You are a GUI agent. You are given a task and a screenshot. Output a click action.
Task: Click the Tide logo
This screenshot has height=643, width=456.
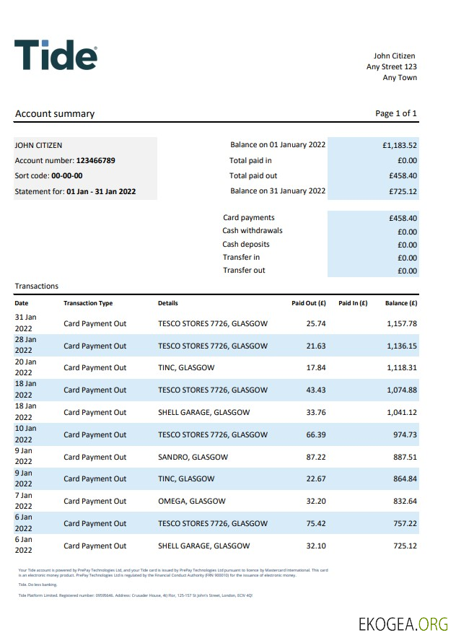click(x=56, y=56)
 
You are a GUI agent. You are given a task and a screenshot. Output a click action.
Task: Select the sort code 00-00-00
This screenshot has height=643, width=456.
click(x=67, y=175)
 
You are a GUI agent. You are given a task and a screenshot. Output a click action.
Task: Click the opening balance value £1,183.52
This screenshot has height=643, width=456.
click(x=400, y=145)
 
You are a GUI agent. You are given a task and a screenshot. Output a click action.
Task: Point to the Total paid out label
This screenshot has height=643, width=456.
click(x=253, y=175)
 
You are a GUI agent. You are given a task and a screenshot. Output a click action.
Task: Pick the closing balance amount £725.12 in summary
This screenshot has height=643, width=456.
click(x=403, y=191)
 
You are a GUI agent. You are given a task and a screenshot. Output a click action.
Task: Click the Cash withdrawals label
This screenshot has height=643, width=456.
click(x=253, y=231)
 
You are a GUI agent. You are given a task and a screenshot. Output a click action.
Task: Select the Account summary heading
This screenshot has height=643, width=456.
click(x=55, y=113)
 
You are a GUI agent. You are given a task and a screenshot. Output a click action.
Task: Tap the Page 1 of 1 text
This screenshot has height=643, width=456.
click(x=396, y=113)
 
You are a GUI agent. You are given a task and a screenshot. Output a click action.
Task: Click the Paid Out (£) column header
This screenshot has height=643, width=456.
click(x=309, y=303)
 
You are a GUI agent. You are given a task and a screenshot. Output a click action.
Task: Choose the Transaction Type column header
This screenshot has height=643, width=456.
click(x=88, y=303)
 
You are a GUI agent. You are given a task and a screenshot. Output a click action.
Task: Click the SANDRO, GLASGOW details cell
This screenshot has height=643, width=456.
click(x=193, y=457)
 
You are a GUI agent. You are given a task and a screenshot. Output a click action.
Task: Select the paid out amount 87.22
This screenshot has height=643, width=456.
click(x=316, y=457)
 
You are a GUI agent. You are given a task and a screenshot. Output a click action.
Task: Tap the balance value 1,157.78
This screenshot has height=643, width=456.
click(x=402, y=323)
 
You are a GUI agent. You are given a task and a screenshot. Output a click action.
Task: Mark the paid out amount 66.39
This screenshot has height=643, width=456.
click(x=316, y=434)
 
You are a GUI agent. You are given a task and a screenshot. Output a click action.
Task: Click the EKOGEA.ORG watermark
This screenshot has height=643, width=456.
click(x=403, y=624)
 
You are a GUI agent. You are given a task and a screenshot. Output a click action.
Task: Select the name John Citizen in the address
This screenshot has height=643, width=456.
click(x=394, y=56)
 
